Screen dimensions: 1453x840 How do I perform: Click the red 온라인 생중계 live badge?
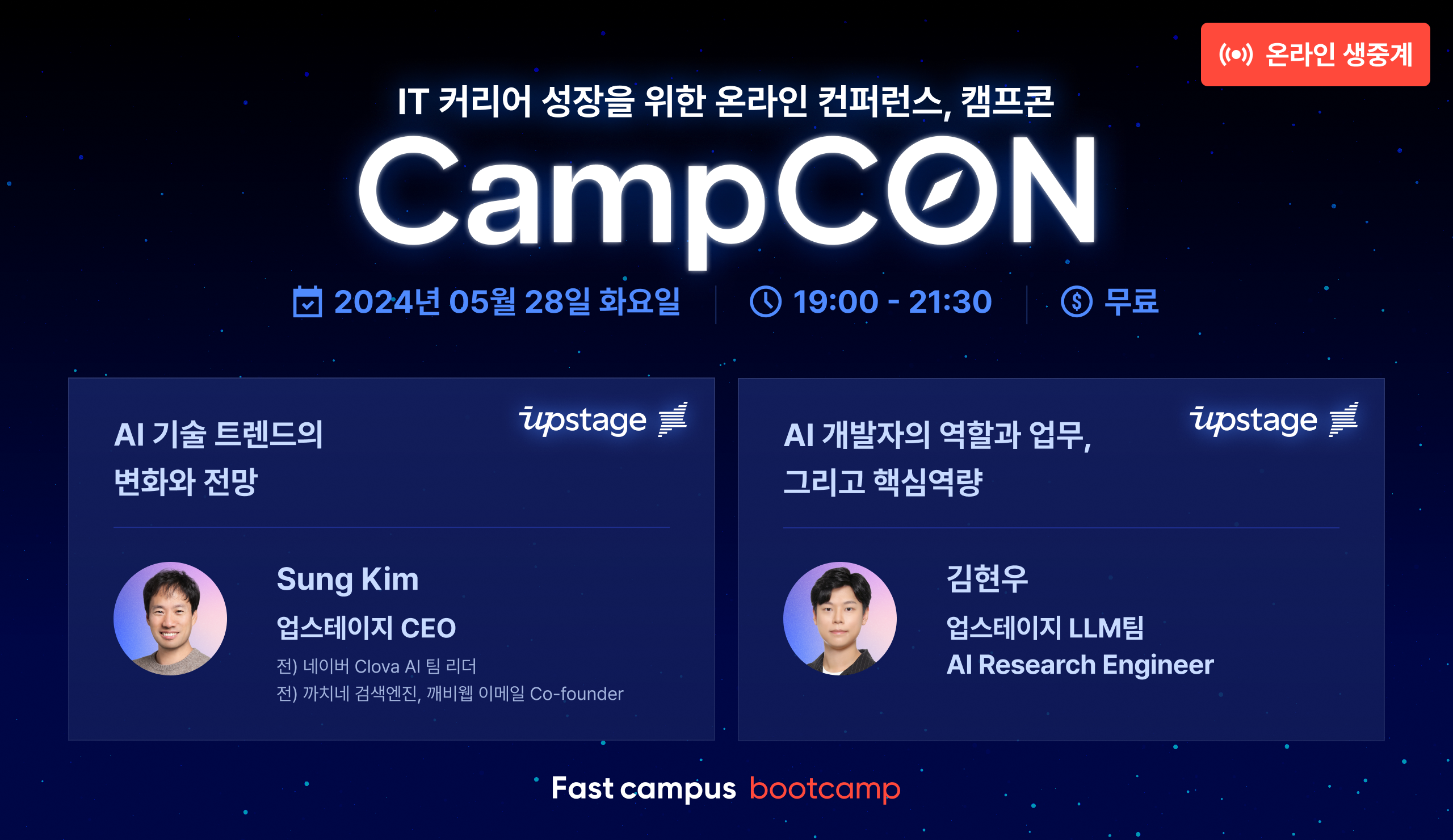pyautogui.click(x=1315, y=54)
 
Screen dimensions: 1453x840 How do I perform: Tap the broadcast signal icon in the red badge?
pyautogui.click(x=1236, y=54)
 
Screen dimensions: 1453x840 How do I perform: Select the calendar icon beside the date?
pyautogui.click(x=307, y=301)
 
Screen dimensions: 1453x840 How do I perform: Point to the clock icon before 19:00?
pyautogui.click(x=766, y=301)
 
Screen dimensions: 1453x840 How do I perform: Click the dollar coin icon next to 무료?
pyautogui.click(x=1077, y=301)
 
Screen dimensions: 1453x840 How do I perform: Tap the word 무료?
pyautogui.click(x=1131, y=301)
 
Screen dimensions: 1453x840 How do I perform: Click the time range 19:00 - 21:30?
pyautogui.click(x=893, y=301)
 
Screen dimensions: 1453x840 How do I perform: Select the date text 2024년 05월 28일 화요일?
pyautogui.click(x=507, y=301)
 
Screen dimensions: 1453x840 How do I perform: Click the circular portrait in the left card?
pyautogui.click(x=170, y=619)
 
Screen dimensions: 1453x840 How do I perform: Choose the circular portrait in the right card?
pyautogui.click(x=839, y=619)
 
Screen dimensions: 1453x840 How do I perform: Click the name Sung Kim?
pyautogui.click(x=348, y=580)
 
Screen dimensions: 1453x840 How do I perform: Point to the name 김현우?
pyautogui.click(x=987, y=579)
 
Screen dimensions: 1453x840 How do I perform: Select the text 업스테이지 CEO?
pyautogui.click(x=366, y=628)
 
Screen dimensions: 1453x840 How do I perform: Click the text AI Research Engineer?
pyautogui.click(x=1081, y=665)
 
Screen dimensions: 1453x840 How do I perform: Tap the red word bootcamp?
pyautogui.click(x=825, y=789)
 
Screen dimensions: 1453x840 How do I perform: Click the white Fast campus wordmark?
pyautogui.click(x=644, y=789)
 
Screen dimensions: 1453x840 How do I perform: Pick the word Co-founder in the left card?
pyautogui.click(x=577, y=694)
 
